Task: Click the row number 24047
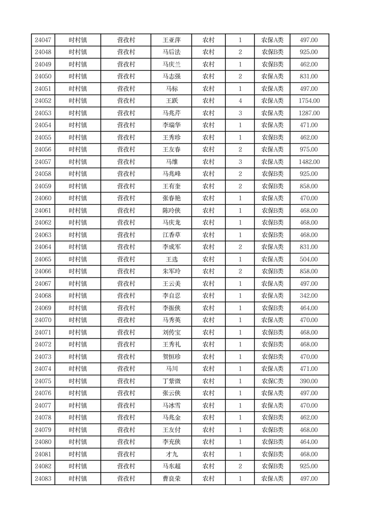click(43, 40)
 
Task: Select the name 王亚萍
click(171, 40)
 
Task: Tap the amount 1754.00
click(309, 101)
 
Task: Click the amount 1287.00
click(309, 113)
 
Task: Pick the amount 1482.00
click(309, 162)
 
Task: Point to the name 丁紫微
click(171, 381)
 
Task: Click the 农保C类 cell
click(272, 381)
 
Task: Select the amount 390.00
click(309, 381)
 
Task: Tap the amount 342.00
click(309, 296)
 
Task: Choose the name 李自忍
click(171, 296)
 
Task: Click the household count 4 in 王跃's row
click(240, 101)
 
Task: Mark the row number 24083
click(43, 479)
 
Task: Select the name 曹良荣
click(171, 479)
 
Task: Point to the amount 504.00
click(309, 259)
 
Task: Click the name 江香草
click(171, 235)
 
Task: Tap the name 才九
click(171, 454)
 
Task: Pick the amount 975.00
click(309, 150)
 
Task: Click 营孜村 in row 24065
click(126, 259)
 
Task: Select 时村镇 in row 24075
click(78, 381)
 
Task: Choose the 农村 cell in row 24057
click(208, 162)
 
